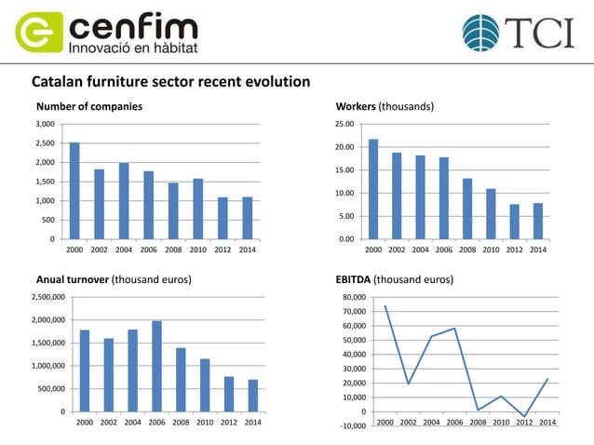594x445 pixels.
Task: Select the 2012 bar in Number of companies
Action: (223, 218)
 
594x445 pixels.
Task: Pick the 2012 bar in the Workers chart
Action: (515, 222)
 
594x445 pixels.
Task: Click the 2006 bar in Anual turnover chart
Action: (156, 366)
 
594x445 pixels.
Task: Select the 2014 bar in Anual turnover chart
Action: (253, 395)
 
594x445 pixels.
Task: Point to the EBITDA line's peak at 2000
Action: (385, 305)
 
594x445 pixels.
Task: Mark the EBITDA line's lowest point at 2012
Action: (525, 416)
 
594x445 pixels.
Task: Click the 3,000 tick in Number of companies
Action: (45, 124)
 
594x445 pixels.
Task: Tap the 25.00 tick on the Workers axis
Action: (344, 125)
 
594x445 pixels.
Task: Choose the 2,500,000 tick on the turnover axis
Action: (47, 297)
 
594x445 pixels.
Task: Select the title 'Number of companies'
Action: (88, 106)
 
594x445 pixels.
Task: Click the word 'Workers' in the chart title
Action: (355, 106)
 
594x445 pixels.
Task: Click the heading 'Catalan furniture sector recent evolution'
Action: (170, 82)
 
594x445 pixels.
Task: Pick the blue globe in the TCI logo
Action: (480, 33)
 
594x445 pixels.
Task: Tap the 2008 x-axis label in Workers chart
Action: (467, 250)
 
